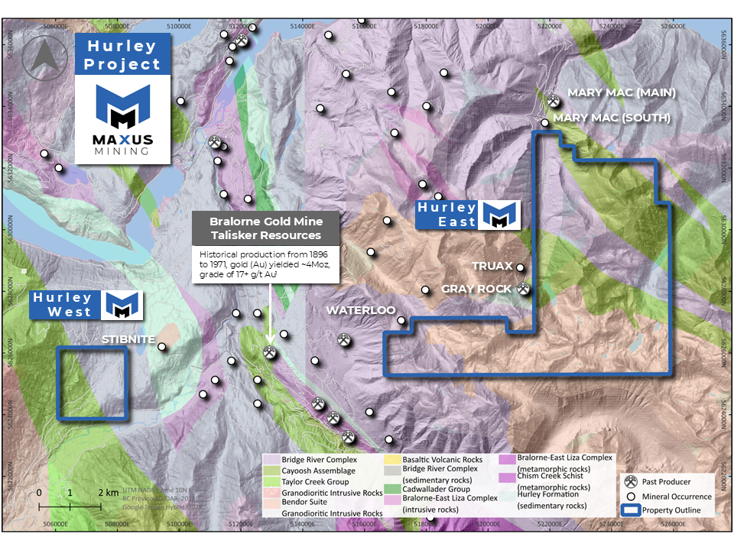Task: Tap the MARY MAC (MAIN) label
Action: pyautogui.click(x=622, y=93)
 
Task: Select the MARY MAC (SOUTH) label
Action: pyautogui.click(x=611, y=118)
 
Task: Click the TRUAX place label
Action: pyautogui.click(x=492, y=267)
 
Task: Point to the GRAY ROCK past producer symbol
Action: pyautogui.click(x=524, y=289)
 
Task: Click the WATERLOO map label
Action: pyautogui.click(x=360, y=311)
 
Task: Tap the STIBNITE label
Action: pyautogui.click(x=128, y=338)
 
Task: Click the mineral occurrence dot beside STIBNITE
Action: pyautogui.click(x=162, y=347)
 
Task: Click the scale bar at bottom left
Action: pyautogui.click(x=70, y=505)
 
